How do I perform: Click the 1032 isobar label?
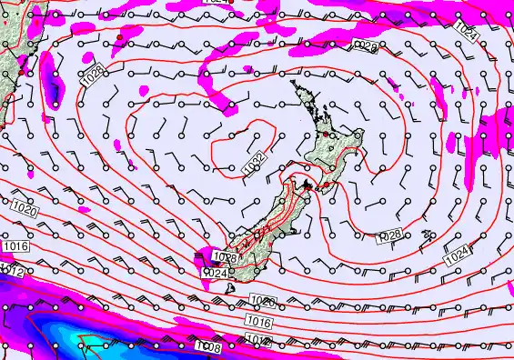(x=256, y=162)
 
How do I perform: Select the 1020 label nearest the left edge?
(x=25, y=211)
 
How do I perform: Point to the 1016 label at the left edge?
(x=15, y=246)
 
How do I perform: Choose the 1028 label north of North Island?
(x=365, y=45)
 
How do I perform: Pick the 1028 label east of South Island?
(x=388, y=235)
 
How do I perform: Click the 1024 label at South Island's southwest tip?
(x=215, y=273)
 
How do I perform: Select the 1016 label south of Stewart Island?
(x=259, y=322)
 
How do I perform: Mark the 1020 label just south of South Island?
(x=262, y=301)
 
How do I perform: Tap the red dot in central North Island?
(x=331, y=135)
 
